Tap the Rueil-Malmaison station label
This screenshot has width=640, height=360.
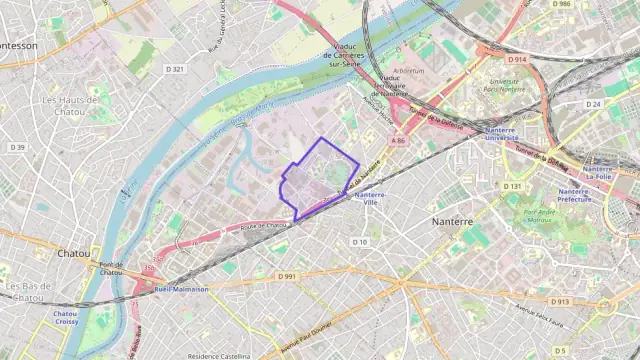181,289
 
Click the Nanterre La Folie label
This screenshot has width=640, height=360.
597,174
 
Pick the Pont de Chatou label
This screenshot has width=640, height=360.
110,268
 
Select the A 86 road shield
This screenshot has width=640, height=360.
399,141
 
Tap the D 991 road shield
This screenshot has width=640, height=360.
287,275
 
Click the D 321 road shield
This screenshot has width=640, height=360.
174,69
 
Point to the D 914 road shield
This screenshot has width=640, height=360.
516,60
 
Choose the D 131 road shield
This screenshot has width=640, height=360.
512,186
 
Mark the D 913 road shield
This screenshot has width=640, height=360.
559,301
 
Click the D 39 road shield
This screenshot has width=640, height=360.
17,147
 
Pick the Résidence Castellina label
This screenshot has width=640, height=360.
220,355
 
